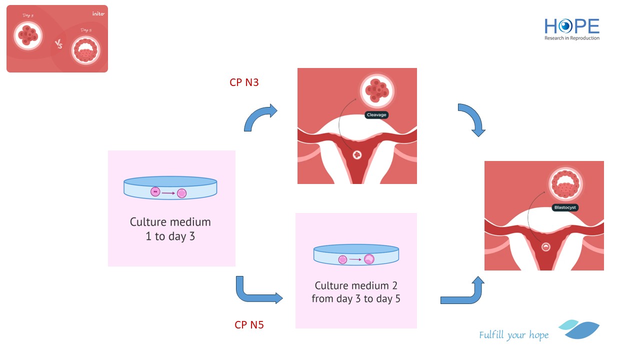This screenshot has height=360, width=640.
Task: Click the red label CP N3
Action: pyautogui.click(x=244, y=82)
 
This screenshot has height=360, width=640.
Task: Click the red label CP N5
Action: pyautogui.click(x=249, y=325)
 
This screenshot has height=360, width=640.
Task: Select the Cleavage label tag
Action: pyautogui.click(x=377, y=115)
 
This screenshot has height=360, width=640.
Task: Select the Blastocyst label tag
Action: pyautogui.click(x=565, y=207)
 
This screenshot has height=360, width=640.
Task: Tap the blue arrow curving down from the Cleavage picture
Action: pyautogui.click(x=472, y=119)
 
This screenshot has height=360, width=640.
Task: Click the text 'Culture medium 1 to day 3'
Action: pyautogui.click(x=170, y=229)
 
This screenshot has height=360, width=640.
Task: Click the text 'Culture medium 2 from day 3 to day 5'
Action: pyautogui.click(x=356, y=292)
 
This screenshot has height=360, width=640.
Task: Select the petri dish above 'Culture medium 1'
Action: pyautogui.click(x=170, y=188)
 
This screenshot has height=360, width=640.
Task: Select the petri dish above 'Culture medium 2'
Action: pyautogui.click(x=356, y=254)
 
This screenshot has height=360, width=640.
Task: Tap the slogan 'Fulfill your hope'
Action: pyautogui.click(x=513, y=335)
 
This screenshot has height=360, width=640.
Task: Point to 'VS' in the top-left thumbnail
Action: pyautogui.click(x=59, y=44)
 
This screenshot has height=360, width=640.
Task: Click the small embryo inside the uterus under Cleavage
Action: pyautogui.click(x=357, y=155)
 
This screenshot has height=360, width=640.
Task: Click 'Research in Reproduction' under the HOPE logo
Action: pyautogui.click(x=572, y=38)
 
